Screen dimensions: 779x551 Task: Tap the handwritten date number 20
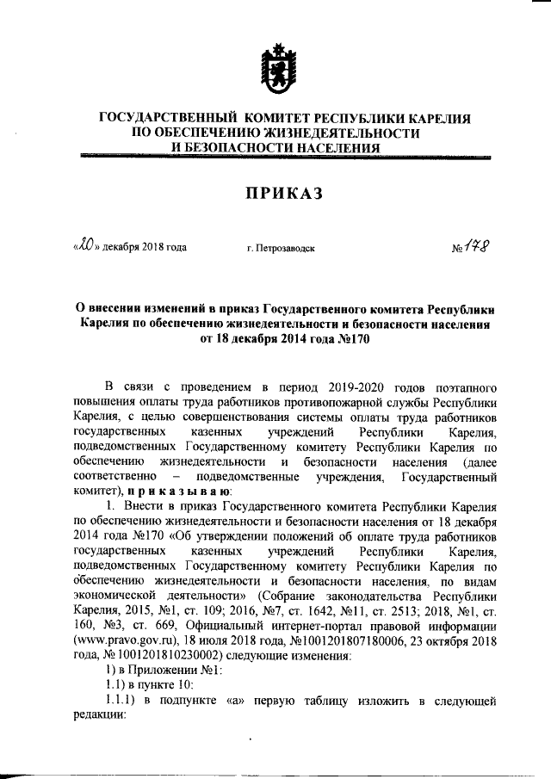tap(84, 246)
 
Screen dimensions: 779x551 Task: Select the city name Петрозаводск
tap(280, 249)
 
